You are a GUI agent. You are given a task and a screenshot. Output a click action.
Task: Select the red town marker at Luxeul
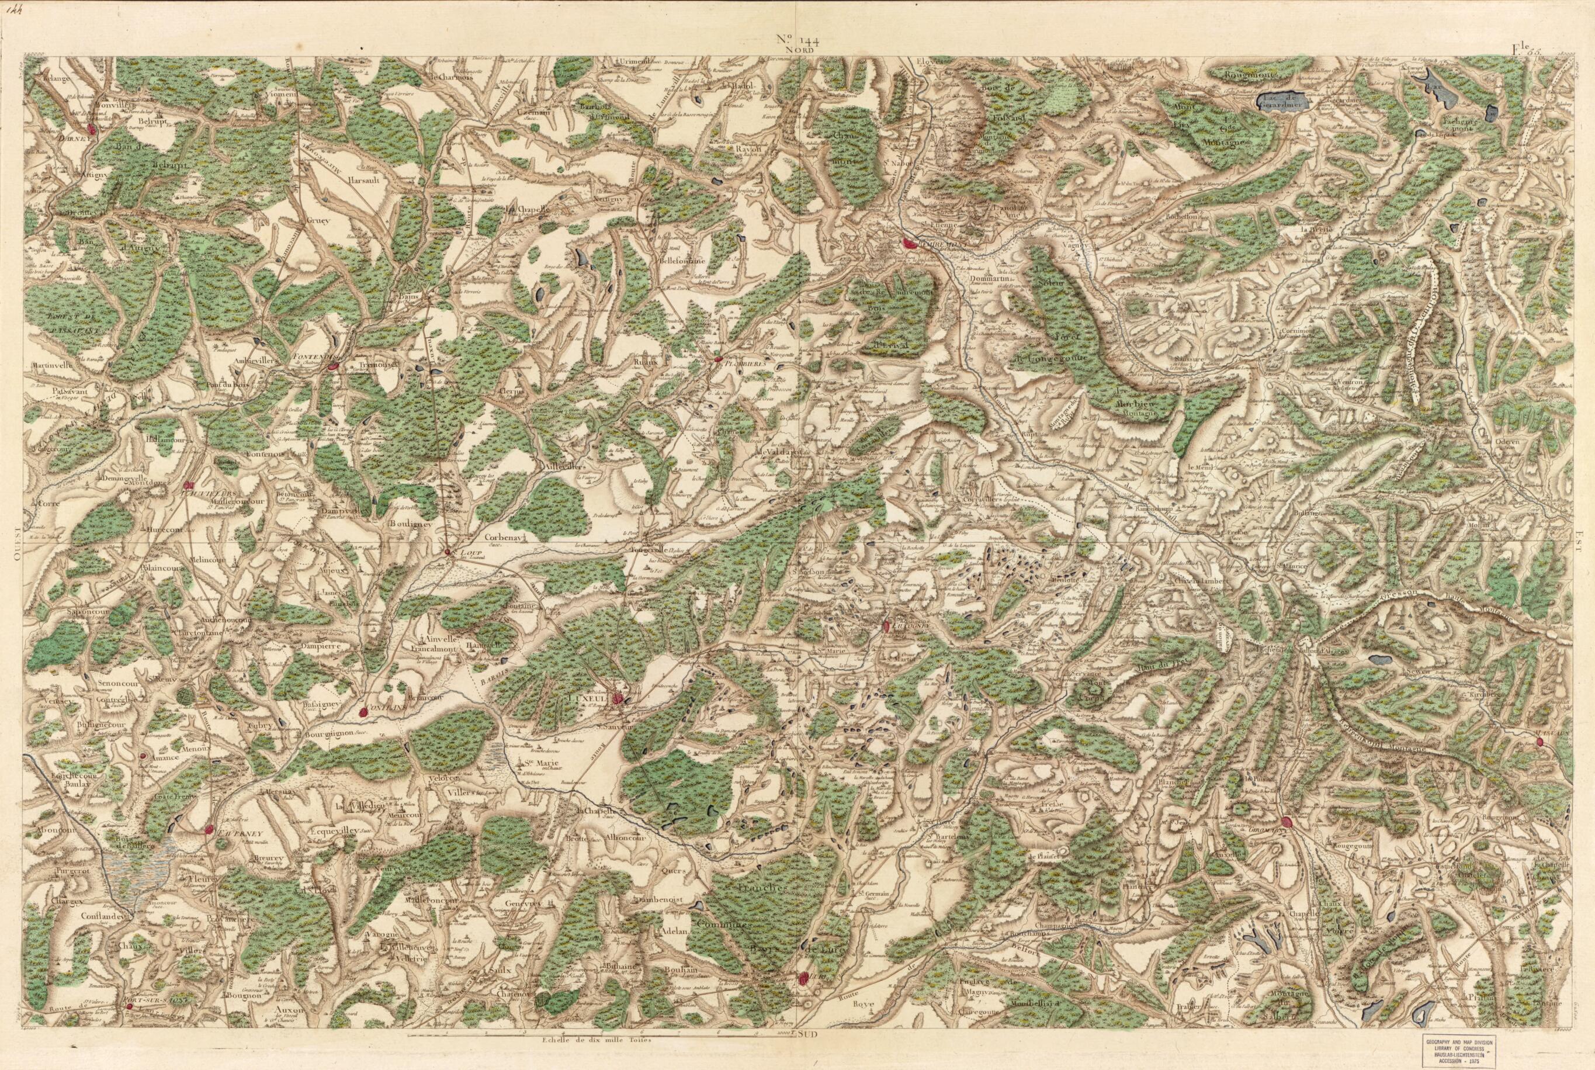[618, 698]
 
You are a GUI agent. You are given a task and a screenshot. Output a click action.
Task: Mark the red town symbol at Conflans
[365, 712]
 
